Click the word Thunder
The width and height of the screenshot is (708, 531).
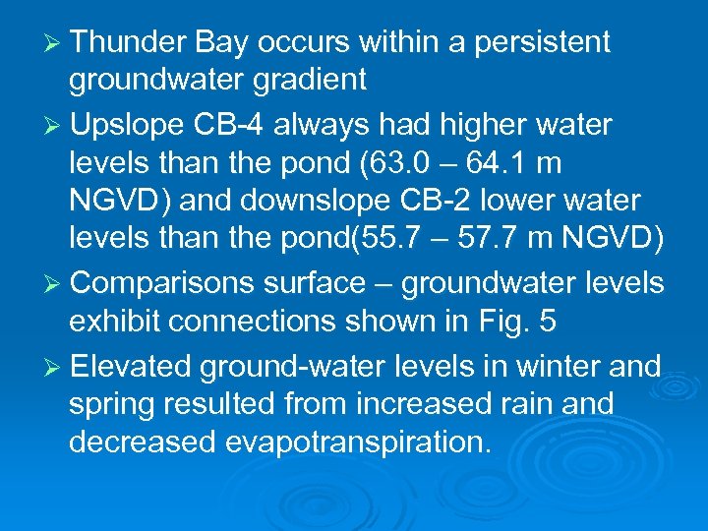pos(128,42)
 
